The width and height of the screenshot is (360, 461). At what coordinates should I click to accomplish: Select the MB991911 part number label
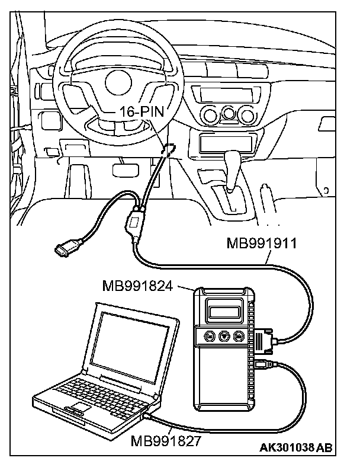263,243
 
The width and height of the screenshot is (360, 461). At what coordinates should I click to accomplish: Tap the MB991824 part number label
137,287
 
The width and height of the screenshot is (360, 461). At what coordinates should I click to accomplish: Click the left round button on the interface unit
210,336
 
